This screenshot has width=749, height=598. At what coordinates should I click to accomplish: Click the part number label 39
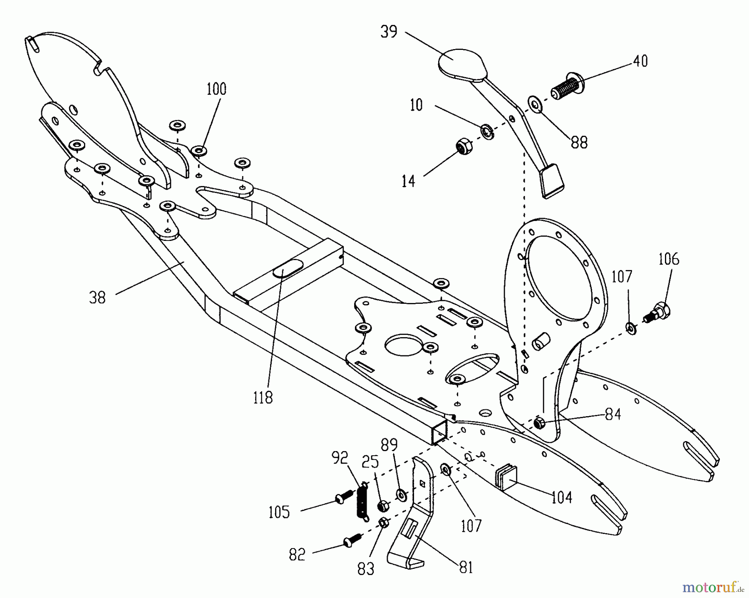389,32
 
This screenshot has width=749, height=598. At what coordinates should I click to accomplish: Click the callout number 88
579,142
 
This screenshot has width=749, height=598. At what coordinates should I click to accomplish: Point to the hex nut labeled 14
462,147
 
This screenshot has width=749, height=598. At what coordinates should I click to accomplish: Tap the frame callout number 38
97,298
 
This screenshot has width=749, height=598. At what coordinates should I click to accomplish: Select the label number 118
263,397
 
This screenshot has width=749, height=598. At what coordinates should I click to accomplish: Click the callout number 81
466,568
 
